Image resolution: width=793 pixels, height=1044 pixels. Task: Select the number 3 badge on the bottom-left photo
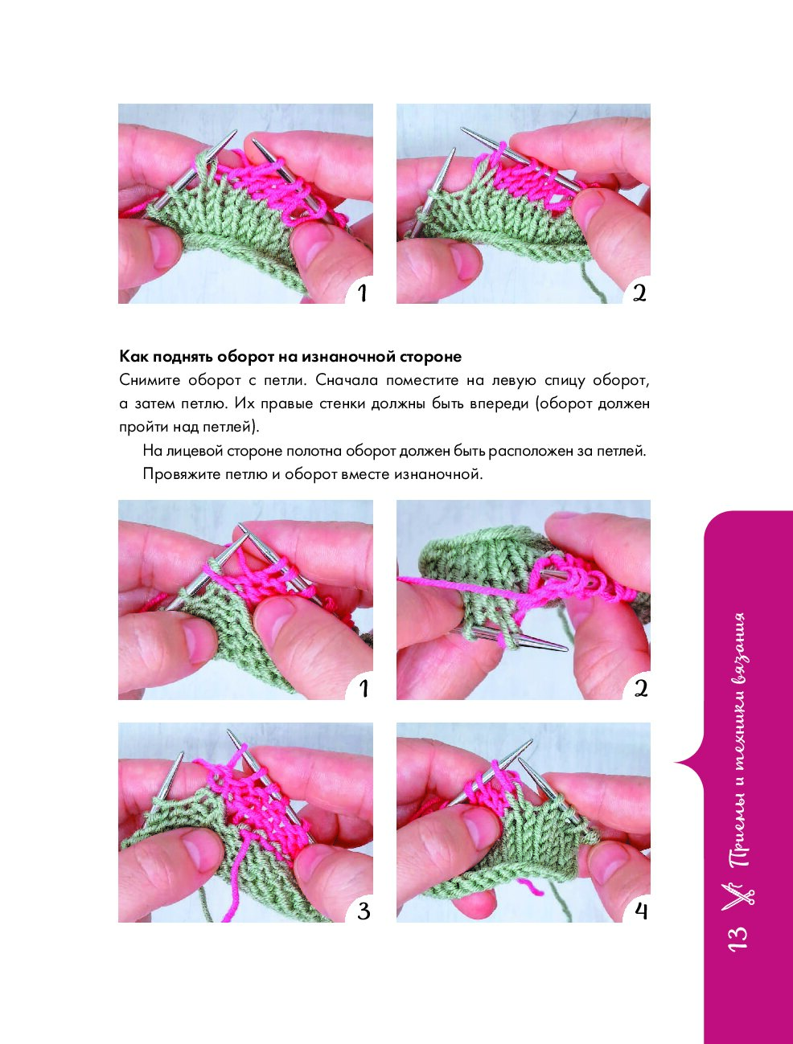coord(363,911)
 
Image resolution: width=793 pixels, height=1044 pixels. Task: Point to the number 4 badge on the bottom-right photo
coord(640,911)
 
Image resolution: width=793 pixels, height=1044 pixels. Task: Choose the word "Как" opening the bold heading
coord(130,357)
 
